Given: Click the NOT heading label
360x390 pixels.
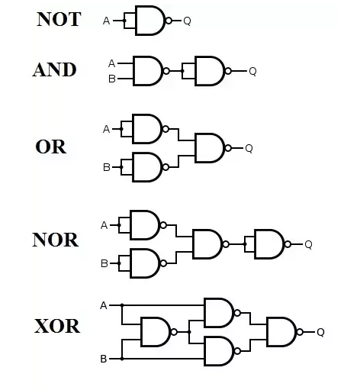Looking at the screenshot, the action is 59,19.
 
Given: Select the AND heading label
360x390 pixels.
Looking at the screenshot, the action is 55,69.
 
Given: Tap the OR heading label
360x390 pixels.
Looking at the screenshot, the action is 51,147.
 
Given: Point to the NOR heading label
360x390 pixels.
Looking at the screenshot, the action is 56,240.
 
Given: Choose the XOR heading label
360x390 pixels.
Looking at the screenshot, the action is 57,326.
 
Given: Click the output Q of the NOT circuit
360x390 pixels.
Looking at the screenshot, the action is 187,21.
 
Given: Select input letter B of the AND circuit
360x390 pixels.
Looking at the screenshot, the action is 112,79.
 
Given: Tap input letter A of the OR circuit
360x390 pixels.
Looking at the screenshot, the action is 106,129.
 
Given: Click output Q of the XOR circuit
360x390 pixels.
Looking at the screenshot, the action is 320,332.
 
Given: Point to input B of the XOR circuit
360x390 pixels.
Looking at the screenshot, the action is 104,359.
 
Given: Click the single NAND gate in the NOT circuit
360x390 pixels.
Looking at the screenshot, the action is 150,21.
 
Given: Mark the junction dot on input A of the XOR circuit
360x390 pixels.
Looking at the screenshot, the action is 122,305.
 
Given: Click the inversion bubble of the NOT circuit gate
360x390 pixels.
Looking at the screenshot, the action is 169,21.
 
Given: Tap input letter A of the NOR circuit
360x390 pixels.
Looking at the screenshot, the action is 104,225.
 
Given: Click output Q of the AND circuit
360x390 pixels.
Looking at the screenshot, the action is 252,71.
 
